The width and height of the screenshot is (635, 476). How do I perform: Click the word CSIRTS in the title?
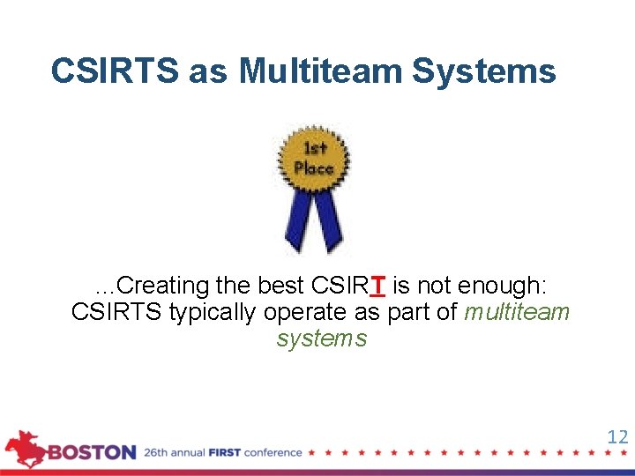coord(115,71)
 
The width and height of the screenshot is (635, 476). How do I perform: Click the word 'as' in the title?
coord(208,71)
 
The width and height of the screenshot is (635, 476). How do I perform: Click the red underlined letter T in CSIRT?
coord(377,286)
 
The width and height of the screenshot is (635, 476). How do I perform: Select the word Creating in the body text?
coord(162,286)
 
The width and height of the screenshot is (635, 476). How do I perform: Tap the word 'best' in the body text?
coord(280,286)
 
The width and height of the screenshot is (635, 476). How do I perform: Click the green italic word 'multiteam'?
coord(517,312)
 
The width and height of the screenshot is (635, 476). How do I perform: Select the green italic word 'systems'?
coord(321,338)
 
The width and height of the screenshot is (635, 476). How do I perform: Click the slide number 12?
coord(617,436)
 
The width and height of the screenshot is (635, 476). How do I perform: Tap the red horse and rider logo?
coord(26,448)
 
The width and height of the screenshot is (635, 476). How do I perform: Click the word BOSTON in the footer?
coord(92,453)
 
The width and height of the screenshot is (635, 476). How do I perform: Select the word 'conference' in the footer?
coord(273,453)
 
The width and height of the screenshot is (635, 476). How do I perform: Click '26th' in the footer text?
coord(157,453)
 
